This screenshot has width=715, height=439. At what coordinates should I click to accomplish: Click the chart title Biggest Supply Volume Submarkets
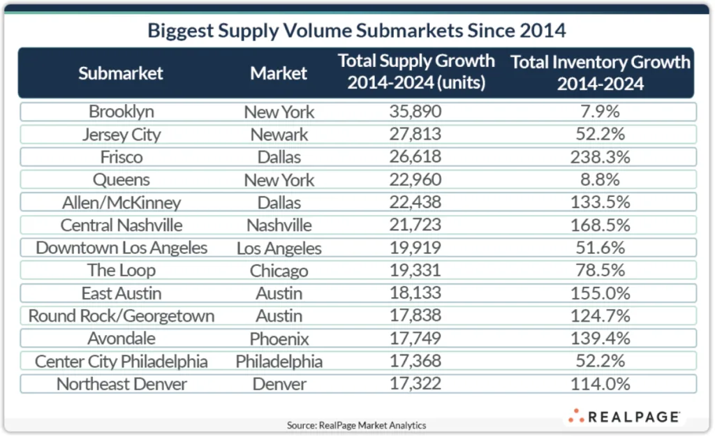[357, 31]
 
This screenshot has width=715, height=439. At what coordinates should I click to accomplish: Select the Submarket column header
[121, 73]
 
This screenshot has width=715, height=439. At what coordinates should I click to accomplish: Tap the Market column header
[279, 73]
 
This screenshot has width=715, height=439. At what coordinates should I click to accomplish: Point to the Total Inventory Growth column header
[600, 73]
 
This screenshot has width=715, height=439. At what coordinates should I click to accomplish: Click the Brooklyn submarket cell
[121, 112]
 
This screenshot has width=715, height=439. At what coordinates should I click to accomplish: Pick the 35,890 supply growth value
[416, 112]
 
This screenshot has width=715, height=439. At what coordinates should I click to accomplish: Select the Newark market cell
[279, 135]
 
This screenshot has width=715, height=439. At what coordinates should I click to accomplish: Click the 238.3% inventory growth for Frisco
[600, 157]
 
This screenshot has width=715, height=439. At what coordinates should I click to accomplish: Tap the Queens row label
[121, 180]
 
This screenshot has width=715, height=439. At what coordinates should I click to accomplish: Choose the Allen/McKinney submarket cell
[121, 202]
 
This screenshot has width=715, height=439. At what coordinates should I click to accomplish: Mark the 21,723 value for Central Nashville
[416, 225]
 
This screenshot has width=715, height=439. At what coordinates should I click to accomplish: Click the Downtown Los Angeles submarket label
[121, 248]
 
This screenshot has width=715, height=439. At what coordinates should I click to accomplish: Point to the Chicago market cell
[279, 271]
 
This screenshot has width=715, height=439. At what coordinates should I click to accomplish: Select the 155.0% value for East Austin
[600, 293]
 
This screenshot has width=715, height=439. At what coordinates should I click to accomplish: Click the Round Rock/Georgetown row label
[121, 316]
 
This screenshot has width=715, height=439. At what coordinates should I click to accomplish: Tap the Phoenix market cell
[279, 338]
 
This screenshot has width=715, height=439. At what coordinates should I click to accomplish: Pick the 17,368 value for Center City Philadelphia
[416, 362]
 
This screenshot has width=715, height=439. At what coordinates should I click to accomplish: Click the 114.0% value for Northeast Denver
[600, 384]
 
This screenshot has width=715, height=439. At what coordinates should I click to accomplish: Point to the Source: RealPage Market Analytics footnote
[356, 425]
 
